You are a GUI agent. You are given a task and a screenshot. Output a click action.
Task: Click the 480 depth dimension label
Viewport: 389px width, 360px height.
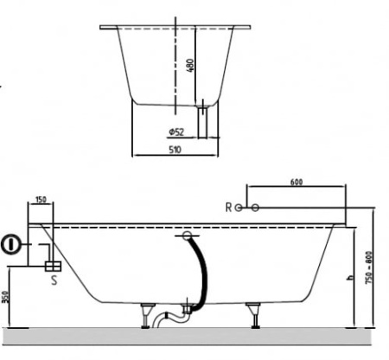click(x=190, y=66)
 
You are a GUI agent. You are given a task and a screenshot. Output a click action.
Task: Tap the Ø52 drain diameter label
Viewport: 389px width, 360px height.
click(x=176, y=132)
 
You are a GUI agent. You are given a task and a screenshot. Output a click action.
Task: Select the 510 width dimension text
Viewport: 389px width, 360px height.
click(x=175, y=150)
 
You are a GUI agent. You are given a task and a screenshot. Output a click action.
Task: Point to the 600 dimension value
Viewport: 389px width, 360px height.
click(x=297, y=182)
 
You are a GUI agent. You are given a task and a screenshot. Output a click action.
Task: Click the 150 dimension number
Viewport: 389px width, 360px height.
click(x=41, y=199)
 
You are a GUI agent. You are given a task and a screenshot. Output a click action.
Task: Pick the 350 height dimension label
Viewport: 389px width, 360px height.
click(x=5, y=297)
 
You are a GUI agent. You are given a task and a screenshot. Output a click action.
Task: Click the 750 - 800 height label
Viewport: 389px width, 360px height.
click(x=369, y=267)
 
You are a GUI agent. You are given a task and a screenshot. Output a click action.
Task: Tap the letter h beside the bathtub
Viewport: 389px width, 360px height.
click(x=350, y=278)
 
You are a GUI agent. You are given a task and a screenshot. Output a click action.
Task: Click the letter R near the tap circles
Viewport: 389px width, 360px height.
click(x=228, y=207)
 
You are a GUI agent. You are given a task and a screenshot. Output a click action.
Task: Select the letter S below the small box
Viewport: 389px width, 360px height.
click(x=54, y=280)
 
